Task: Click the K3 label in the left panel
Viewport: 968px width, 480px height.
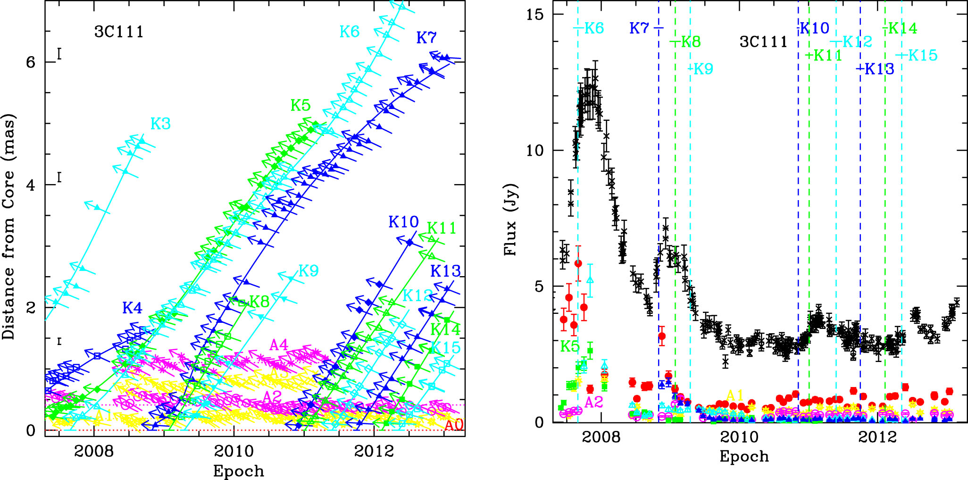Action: (160, 124)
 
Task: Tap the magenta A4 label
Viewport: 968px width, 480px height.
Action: (278, 345)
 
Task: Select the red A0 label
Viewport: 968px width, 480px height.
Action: (454, 425)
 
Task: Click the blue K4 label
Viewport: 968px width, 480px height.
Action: (132, 308)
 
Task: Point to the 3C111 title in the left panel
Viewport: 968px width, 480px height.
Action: (119, 32)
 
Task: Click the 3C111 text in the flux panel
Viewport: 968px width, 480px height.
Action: (763, 42)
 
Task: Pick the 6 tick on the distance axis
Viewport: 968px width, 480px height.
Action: (31, 62)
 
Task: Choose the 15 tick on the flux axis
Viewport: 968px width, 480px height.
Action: (534, 15)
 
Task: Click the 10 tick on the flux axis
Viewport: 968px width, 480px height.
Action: (534, 151)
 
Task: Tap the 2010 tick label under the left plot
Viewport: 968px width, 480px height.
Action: (234, 451)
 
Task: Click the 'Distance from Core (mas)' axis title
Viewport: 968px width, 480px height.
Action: (8, 227)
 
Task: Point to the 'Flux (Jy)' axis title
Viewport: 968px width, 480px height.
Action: (510, 219)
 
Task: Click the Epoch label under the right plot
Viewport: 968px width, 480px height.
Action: (744, 456)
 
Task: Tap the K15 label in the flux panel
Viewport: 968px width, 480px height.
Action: (923, 56)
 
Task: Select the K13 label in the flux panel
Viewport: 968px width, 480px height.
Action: (879, 69)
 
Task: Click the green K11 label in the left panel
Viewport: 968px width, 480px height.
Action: (442, 228)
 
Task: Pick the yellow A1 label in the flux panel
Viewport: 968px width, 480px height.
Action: (735, 396)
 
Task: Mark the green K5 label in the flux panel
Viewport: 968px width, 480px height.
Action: (569, 347)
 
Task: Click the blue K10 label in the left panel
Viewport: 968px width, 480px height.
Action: (403, 222)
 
